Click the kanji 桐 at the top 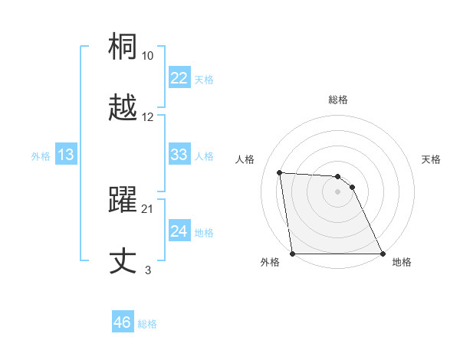[123, 47]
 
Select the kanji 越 [123, 108]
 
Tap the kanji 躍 [123, 200]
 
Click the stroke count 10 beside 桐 [148, 56]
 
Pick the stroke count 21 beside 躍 [148, 209]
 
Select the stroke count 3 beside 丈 [148, 270]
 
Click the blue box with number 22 [179, 78]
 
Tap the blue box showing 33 [179, 155]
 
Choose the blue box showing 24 [179, 231]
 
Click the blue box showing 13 [65, 155]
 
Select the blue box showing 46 [122, 322]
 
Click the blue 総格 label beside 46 [147, 324]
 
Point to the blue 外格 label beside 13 [41, 156]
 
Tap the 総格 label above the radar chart [338, 100]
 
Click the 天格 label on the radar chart [432, 159]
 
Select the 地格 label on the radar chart [402, 263]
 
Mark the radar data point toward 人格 [280, 172]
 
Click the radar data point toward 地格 [382, 254]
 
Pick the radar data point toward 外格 [292, 254]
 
